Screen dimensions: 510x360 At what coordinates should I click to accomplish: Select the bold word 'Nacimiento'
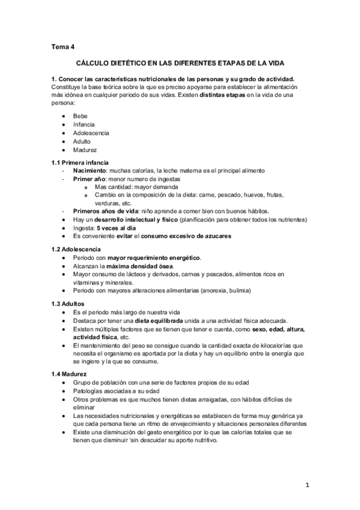coord(91,171)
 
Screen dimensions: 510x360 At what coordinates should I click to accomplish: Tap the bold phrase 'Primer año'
coord(90,179)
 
